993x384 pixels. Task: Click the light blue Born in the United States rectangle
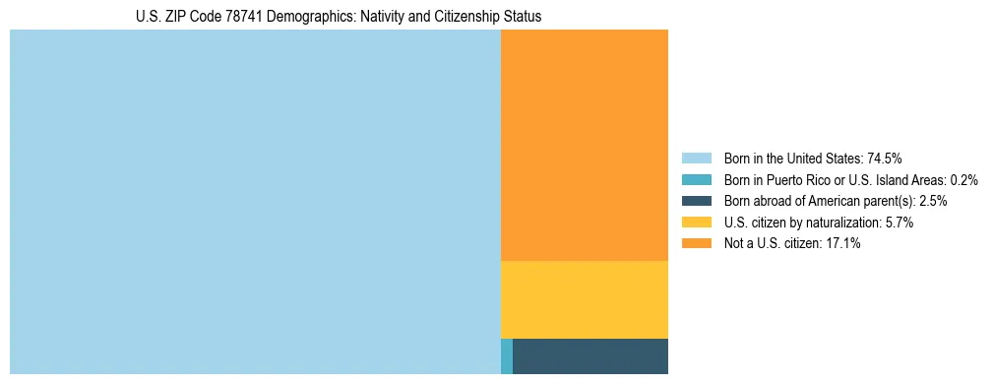coord(255,202)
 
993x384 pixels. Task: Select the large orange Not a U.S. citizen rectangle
coord(584,145)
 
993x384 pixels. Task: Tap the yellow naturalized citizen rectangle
coord(584,299)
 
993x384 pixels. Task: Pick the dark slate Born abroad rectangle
coord(590,355)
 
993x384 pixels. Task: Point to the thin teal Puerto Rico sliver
coord(507,355)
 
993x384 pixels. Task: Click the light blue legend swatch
coord(696,158)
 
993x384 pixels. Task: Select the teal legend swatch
coord(696,179)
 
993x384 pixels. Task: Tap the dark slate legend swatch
coord(696,201)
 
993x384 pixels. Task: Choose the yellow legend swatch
coord(696,223)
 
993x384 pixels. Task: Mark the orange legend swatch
coord(696,244)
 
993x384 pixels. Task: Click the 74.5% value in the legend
coord(885,158)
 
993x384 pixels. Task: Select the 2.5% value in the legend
coord(932,201)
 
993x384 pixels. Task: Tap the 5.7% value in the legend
coord(900,223)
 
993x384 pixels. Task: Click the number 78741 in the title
coord(242,17)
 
